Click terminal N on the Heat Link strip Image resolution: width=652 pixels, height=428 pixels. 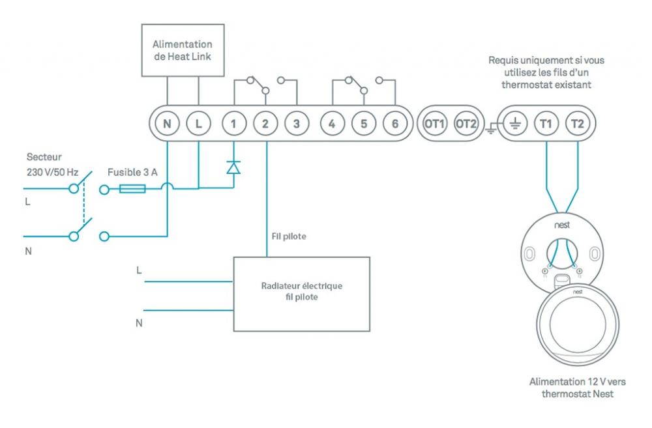[x=167, y=122]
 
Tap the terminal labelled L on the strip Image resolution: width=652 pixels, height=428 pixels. [x=198, y=122]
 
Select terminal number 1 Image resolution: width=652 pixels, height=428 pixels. [x=233, y=122]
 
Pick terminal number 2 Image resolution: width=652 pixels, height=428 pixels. [x=265, y=122]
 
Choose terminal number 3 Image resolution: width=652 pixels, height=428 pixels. [x=297, y=122]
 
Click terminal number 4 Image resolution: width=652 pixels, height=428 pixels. [x=332, y=122]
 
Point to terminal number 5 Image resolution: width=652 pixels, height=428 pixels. [x=363, y=122]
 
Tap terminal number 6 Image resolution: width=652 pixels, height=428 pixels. [x=394, y=122]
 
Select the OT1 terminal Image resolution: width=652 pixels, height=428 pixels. [x=434, y=122]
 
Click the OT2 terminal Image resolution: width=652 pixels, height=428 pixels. [x=466, y=122]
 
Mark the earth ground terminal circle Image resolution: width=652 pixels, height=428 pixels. [x=514, y=122]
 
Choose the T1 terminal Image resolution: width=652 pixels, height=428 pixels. [x=546, y=122]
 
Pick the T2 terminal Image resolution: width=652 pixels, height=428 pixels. [x=577, y=122]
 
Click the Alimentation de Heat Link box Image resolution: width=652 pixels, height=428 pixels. [x=183, y=50]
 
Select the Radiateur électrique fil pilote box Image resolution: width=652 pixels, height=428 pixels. [x=302, y=294]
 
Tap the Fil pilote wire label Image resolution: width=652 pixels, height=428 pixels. [x=289, y=236]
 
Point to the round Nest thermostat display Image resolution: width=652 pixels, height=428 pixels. [x=577, y=326]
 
